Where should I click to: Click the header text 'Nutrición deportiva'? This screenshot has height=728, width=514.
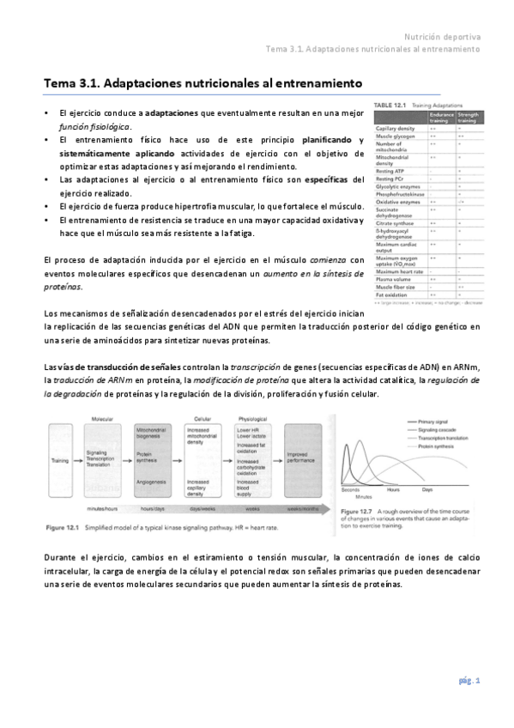442,37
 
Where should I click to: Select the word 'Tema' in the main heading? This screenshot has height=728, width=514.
60,84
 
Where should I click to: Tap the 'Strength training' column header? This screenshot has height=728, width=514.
468,117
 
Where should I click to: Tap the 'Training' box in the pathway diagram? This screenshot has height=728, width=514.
60,460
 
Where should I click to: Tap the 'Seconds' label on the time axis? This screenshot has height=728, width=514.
350,489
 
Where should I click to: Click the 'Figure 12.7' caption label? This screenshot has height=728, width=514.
354,512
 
